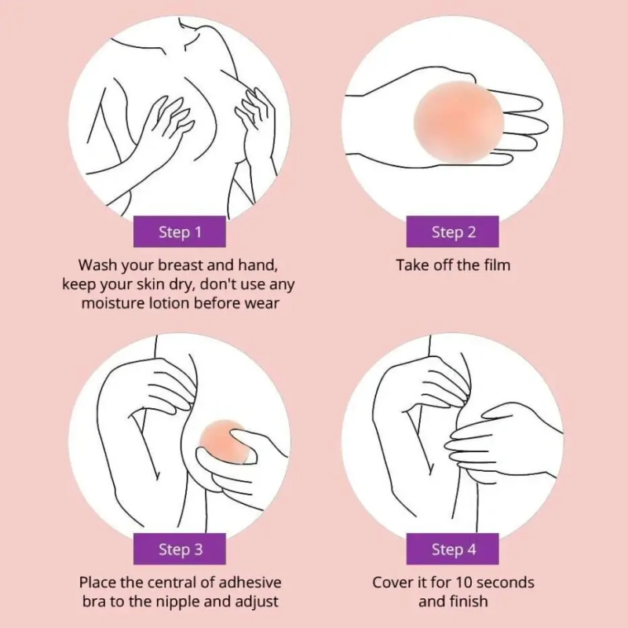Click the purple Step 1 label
[x=180, y=232]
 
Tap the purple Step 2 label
[x=453, y=232]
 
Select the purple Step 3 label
[x=180, y=549]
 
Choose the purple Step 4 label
[x=453, y=549]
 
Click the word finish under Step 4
[x=468, y=601]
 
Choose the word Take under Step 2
[x=411, y=265]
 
